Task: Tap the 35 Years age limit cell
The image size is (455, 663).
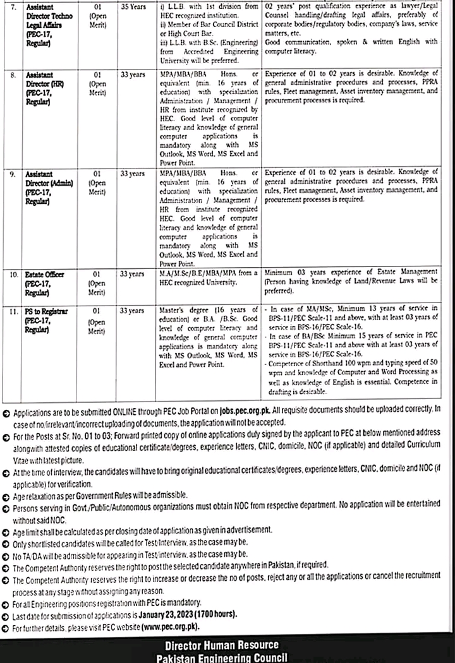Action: pyautogui.click(x=133, y=7)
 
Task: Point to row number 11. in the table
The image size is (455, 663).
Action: pyautogui.click(x=13, y=311)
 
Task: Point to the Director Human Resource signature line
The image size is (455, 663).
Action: pyautogui.click(x=221, y=645)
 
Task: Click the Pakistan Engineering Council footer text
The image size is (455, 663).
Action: pyautogui.click(x=221, y=657)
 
